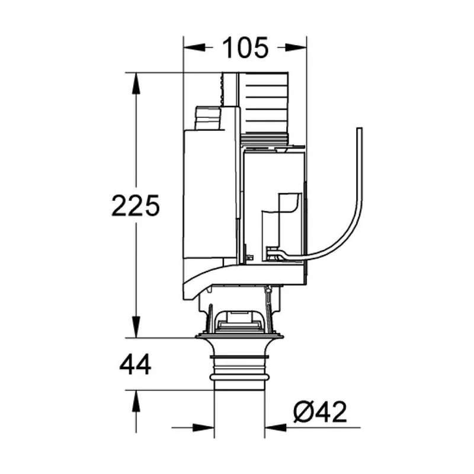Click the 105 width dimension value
tap(245, 48)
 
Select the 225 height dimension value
tap(136, 206)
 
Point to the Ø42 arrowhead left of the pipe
tap(204, 427)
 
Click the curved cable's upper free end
tap(359, 129)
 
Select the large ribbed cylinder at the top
tap(264, 107)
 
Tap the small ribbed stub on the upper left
tap(207, 118)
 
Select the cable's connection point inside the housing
tap(273, 254)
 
